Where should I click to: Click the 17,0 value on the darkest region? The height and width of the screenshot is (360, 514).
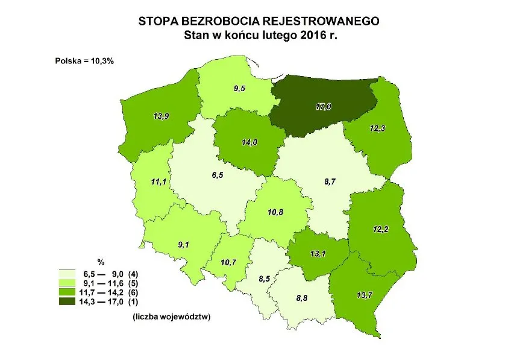[x=323, y=107]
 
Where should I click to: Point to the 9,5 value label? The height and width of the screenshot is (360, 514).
[x=239, y=88]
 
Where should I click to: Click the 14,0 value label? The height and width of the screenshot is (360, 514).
[x=248, y=142]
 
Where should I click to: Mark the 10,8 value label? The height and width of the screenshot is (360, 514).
[x=275, y=212]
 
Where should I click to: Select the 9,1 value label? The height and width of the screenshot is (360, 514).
[x=183, y=244]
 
